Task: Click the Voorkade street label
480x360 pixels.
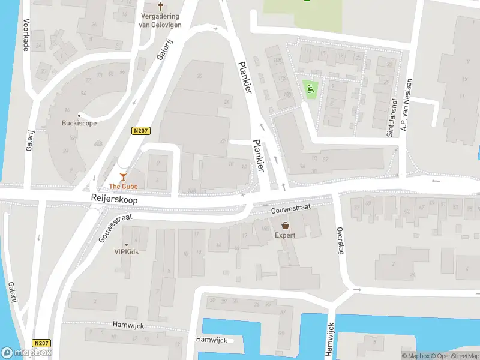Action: pos(26,34)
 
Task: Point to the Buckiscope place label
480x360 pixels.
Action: pos(79,124)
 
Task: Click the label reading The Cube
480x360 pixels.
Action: pos(123,187)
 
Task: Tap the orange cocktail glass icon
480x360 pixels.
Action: pos(123,176)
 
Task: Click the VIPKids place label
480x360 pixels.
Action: pos(127,252)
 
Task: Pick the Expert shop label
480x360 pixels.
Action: pos(285,235)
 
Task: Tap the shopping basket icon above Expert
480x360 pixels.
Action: pos(285,225)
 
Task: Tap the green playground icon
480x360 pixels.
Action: pos(310,90)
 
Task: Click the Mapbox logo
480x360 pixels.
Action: pos(26,353)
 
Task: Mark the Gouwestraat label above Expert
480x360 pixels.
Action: pos(291,206)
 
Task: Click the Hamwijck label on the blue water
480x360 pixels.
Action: pos(211,340)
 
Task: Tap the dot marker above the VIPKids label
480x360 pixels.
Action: pos(127,244)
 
